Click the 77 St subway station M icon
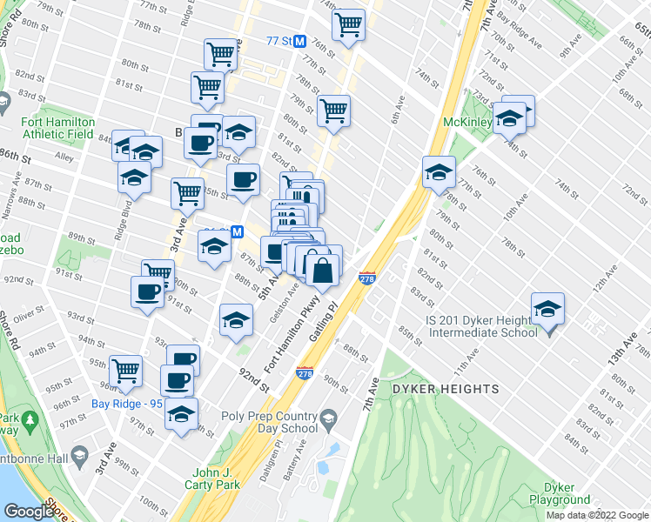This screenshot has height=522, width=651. pyautogui.click(x=299, y=41)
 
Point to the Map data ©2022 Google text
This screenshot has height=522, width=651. pyautogui.click(x=598, y=515)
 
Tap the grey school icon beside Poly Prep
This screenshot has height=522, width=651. pyautogui.click(x=329, y=422)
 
